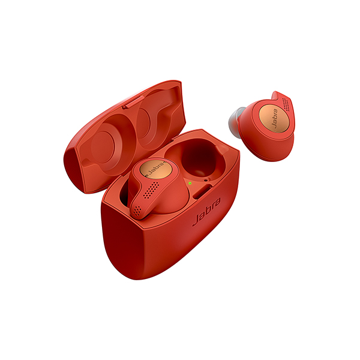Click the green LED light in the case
pos(190,183)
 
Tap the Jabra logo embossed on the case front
pos(206,212)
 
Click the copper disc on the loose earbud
pos(274,118)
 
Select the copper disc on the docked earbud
pos(155,169)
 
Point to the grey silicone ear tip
pos(234,120)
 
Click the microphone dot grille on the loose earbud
pos(286,104)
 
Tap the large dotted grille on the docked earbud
pos(151,190)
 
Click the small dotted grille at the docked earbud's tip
pos(137,211)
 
